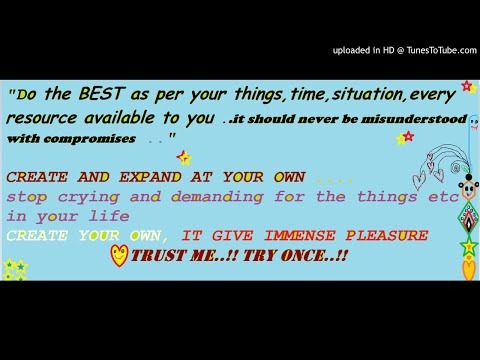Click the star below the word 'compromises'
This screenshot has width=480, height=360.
point(183,157)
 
